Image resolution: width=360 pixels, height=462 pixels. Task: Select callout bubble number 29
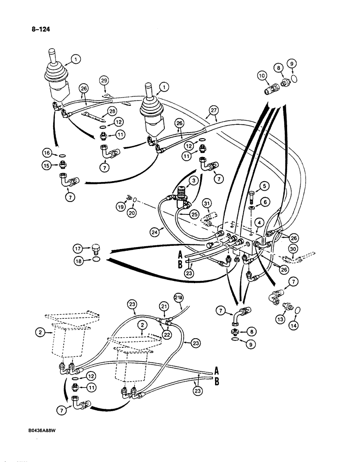[x=104, y=81]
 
